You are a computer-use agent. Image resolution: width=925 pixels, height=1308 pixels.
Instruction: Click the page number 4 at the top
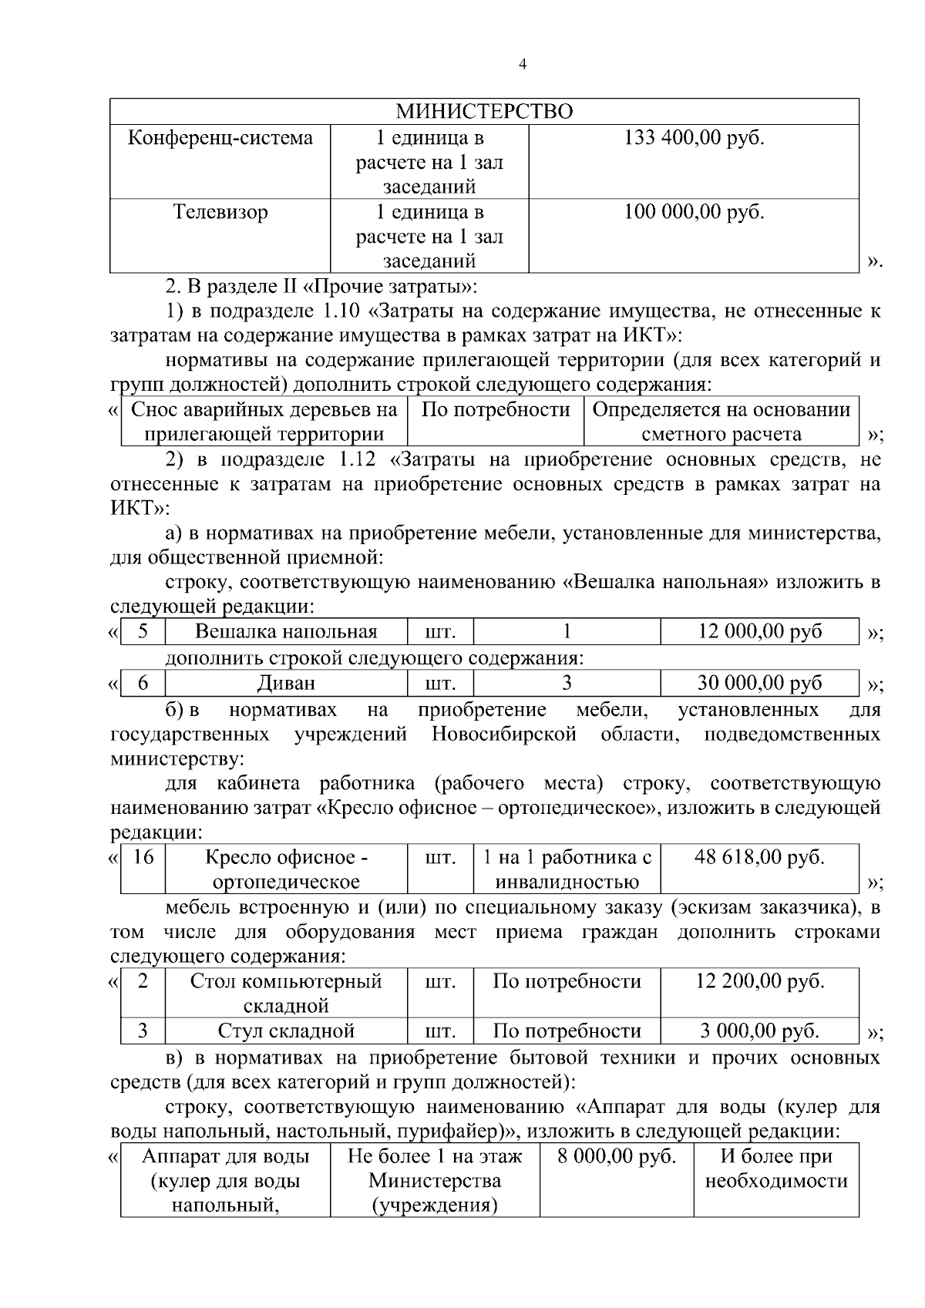(x=523, y=66)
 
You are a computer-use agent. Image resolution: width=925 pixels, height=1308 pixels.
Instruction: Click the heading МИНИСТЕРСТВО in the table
(x=484, y=112)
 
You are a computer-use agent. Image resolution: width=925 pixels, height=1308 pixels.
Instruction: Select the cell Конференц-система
(x=220, y=139)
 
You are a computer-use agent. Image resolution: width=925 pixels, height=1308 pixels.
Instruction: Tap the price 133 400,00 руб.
(x=693, y=139)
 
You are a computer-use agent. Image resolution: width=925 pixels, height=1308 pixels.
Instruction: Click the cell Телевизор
(x=220, y=212)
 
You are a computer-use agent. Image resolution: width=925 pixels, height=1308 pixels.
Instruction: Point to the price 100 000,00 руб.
(x=693, y=212)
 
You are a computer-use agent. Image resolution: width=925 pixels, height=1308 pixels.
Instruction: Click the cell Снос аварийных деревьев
(x=264, y=422)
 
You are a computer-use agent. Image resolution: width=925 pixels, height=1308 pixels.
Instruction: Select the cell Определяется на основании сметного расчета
(x=721, y=422)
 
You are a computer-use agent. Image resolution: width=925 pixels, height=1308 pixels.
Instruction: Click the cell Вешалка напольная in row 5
(x=286, y=632)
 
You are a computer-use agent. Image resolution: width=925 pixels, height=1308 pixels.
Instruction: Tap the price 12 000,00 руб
(x=759, y=632)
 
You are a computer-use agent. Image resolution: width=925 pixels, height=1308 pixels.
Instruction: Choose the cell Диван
(x=286, y=683)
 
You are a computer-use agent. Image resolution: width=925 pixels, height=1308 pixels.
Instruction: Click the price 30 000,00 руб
(x=759, y=683)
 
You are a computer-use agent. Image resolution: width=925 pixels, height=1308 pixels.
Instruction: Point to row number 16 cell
(x=143, y=857)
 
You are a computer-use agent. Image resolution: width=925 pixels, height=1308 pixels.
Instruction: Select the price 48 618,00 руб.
(x=759, y=857)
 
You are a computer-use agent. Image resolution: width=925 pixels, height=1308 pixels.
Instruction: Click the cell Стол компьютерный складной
(x=286, y=994)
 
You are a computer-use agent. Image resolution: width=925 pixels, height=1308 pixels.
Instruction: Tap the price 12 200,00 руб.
(x=759, y=982)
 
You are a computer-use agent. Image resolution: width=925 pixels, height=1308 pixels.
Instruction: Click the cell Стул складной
(x=286, y=1031)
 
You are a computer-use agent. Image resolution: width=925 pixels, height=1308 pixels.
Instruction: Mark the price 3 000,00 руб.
(x=759, y=1031)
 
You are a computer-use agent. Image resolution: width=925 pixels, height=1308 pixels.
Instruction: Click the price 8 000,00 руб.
(x=616, y=1157)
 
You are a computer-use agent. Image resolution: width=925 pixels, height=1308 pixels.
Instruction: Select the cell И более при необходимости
(x=776, y=1168)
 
